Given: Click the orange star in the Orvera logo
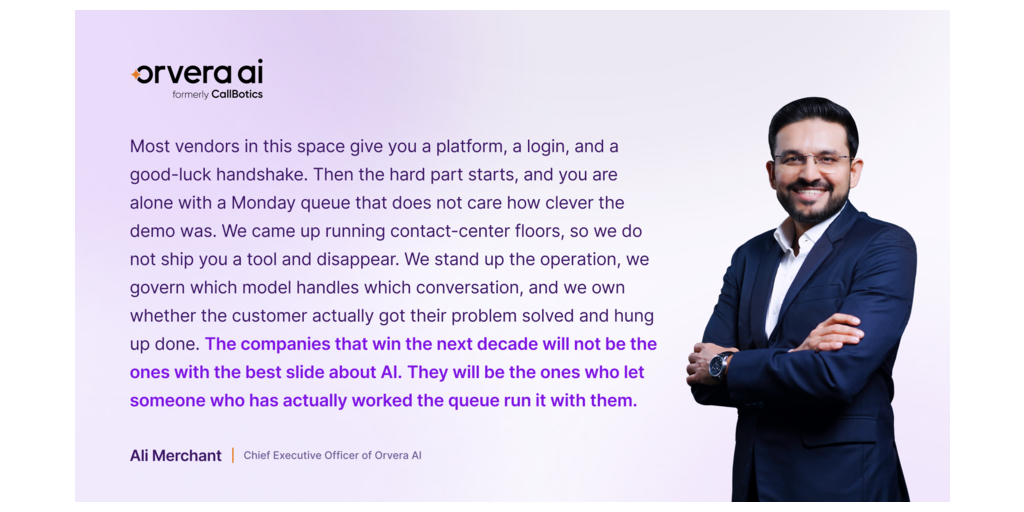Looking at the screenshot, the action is (136, 74).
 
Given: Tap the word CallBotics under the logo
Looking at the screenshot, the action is (237, 95).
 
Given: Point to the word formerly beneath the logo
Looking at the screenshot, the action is (191, 95).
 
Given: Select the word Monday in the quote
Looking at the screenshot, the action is (263, 202).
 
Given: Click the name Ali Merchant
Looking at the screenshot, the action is (176, 455).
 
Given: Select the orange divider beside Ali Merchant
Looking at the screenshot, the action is (232, 455).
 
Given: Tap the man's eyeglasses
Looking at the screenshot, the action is (814, 160).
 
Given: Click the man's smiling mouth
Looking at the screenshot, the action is (810, 194).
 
